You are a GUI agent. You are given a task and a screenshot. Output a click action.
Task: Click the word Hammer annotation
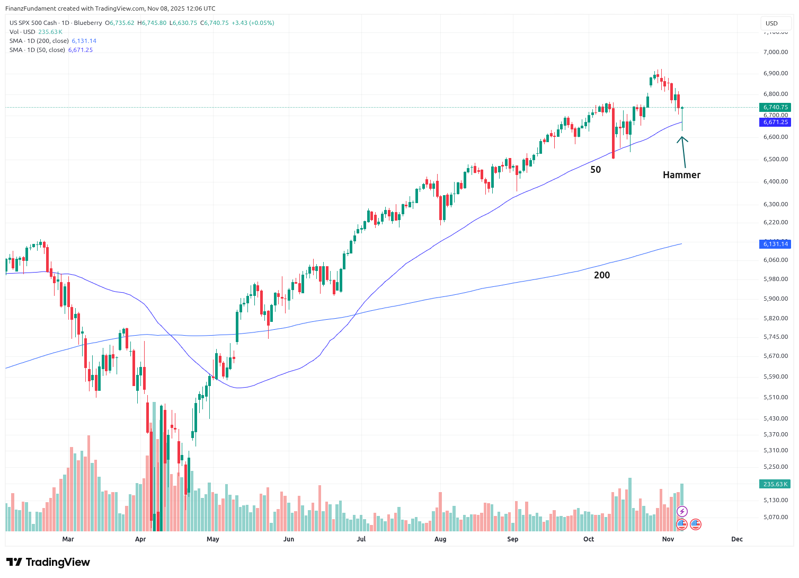click(681, 175)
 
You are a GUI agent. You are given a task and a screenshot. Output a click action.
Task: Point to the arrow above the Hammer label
click(683, 152)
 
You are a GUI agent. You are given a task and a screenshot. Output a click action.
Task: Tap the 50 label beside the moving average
click(596, 170)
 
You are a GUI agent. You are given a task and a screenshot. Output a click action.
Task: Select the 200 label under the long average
click(602, 275)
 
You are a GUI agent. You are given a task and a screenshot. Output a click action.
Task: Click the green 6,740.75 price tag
click(775, 107)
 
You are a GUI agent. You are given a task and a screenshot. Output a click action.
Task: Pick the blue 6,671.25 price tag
click(775, 122)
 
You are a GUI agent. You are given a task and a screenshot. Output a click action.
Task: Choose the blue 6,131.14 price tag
click(775, 244)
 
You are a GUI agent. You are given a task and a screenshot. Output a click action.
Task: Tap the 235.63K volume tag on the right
click(775, 484)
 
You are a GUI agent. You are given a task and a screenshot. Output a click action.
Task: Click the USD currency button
click(771, 23)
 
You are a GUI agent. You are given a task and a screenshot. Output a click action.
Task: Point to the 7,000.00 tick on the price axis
click(776, 52)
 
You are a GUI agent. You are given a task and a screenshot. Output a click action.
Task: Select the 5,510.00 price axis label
click(776, 397)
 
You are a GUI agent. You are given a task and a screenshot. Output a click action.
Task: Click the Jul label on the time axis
click(361, 539)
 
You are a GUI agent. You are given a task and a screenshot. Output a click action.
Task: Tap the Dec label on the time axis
click(737, 539)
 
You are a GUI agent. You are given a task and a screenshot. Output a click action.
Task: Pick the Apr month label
click(140, 539)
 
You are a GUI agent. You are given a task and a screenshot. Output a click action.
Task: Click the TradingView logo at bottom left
click(48, 562)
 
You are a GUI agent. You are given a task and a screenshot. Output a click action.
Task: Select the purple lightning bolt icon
click(682, 512)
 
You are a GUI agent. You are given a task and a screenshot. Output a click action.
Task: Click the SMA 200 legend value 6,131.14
click(84, 41)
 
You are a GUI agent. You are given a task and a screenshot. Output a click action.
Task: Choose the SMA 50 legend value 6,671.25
click(80, 50)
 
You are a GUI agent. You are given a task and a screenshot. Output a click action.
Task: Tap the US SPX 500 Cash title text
click(33, 23)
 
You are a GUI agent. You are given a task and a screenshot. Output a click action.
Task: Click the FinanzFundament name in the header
click(28, 8)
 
